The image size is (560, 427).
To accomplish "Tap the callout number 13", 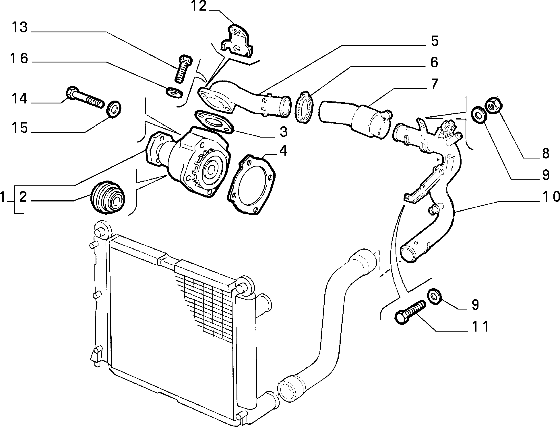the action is (x=20, y=28).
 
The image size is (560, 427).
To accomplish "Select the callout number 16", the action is (x=19, y=58).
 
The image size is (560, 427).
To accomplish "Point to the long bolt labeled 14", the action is (x=85, y=97).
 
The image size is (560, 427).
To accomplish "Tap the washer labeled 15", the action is (x=114, y=109).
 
